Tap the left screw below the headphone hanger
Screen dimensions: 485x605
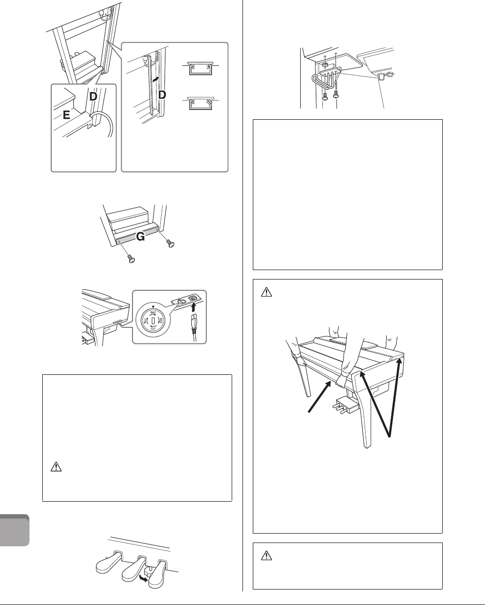click(325, 96)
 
